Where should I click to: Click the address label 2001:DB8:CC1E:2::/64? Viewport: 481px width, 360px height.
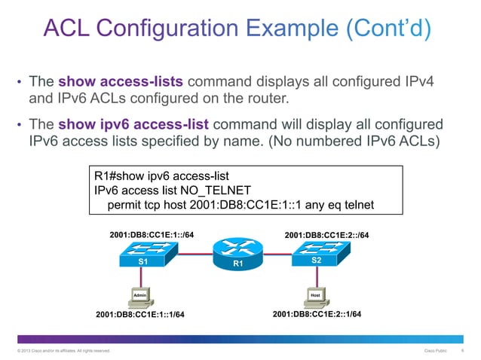click(x=327, y=235)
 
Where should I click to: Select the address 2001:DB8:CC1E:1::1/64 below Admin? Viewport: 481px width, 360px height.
click(x=140, y=315)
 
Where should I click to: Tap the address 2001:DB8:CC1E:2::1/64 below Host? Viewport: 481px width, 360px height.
click(x=317, y=314)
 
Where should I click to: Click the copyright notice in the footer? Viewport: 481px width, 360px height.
click(x=59, y=351)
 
